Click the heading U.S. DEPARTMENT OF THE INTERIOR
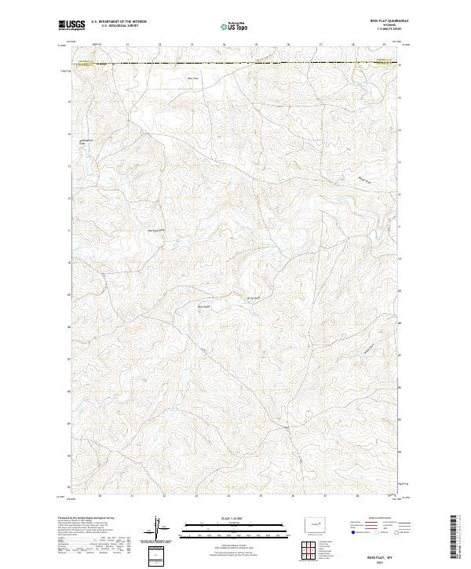point(119,22)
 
